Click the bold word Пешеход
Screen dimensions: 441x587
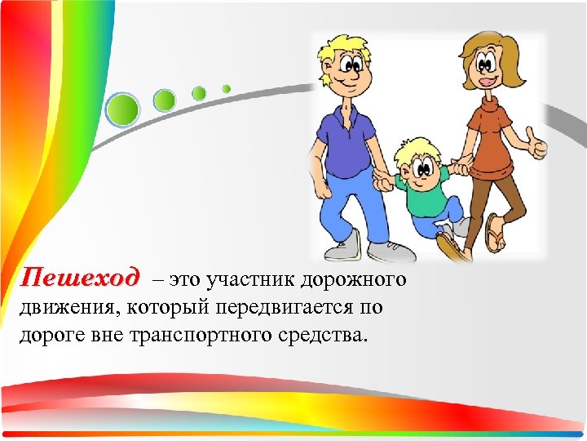(80, 278)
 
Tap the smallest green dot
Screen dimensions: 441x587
(227, 88)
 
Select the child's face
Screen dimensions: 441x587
(421, 167)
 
